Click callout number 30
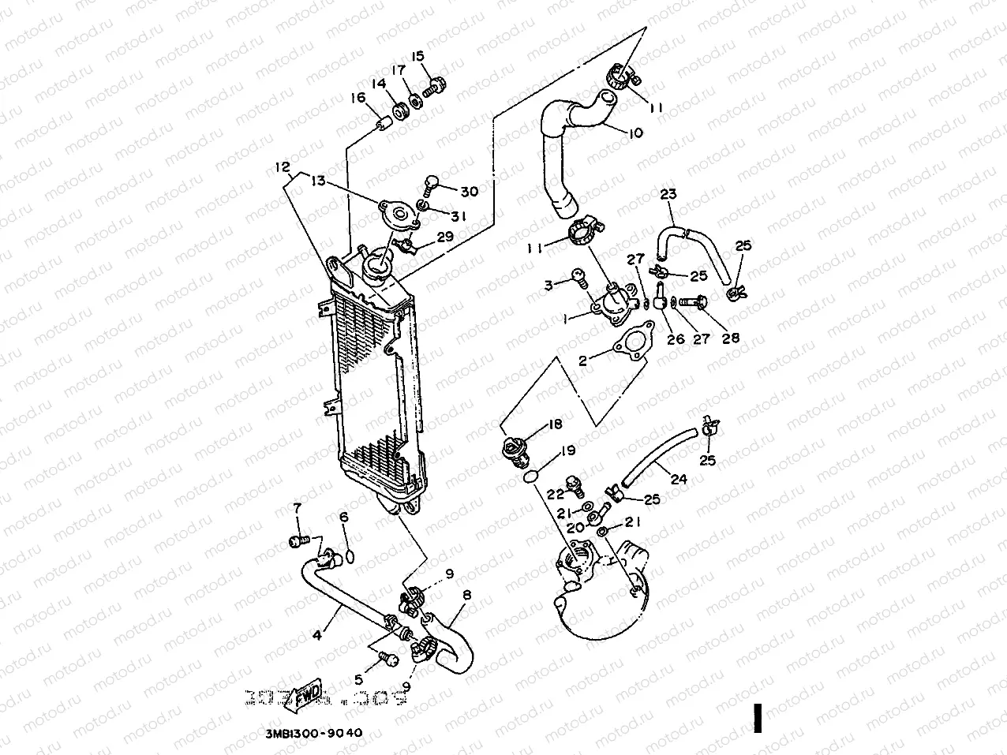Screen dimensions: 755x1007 click(x=469, y=191)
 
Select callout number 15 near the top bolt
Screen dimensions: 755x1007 click(x=417, y=56)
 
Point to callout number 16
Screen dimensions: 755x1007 click(x=359, y=98)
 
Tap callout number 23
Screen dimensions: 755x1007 click(x=668, y=194)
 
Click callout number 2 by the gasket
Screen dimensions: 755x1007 click(x=582, y=361)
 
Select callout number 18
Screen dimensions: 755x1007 click(x=554, y=424)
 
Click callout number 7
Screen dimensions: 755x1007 click(x=298, y=507)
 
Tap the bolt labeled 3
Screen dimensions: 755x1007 click(x=578, y=277)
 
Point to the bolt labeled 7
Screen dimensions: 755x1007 click(x=298, y=541)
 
